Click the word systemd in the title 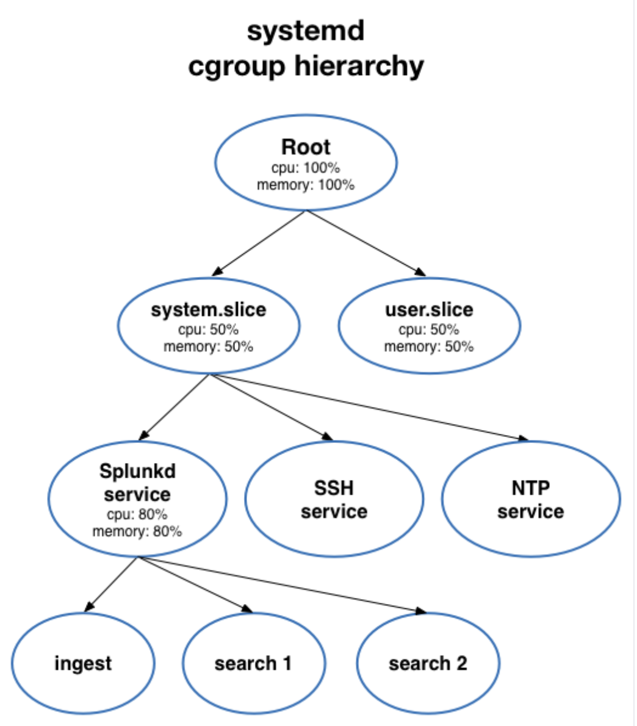[x=306, y=31]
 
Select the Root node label [x=306, y=147]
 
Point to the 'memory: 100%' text [x=306, y=184]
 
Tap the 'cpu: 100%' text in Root [x=306, y=167]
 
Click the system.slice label [x=209, y=309]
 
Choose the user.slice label [x=429, y=309]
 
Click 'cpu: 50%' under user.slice [x=429, y=329]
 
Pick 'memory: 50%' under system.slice [x=209, y=347]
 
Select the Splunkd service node [x=137, y=482]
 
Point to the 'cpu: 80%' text [x=137, y=514]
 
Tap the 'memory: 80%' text [x=137, y=531]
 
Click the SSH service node [x=334, y=500]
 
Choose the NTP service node [x=531, y=500]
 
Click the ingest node [x=83, y=663]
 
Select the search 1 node [x=253, y=663]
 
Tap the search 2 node [x=428, y=663]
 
